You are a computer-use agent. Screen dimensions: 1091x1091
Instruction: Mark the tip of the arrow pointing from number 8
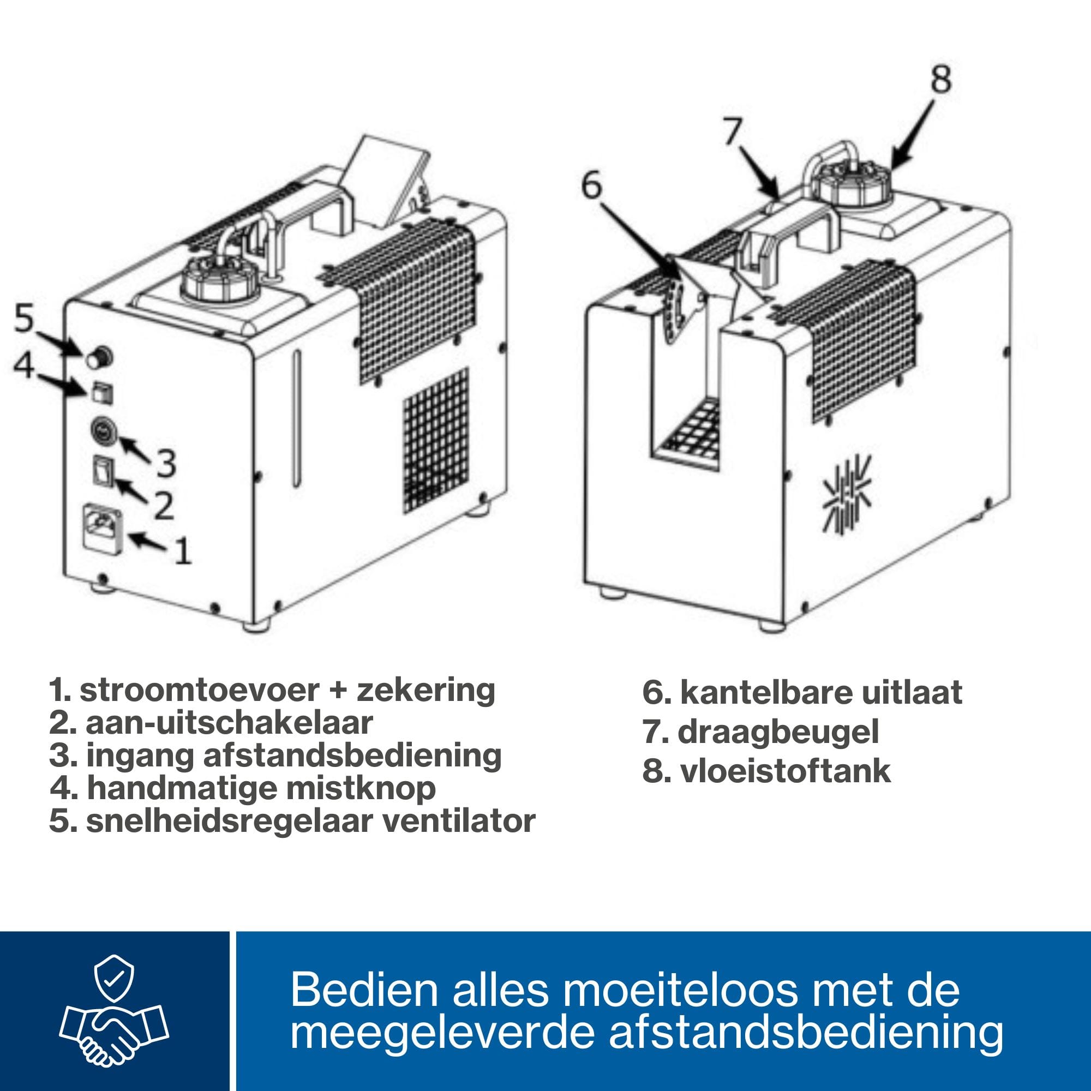(x=891, y=167)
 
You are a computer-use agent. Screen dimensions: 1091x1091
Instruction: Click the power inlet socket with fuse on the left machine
(x=100, y=526)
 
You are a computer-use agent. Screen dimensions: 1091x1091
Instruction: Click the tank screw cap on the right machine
(x=854, y=182)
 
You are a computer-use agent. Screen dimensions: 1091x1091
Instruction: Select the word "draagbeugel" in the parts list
(x=778, y=733)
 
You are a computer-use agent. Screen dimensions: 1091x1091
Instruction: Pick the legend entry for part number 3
(x=275, y=756)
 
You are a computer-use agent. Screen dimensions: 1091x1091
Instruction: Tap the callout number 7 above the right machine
(x=733, y=133)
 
